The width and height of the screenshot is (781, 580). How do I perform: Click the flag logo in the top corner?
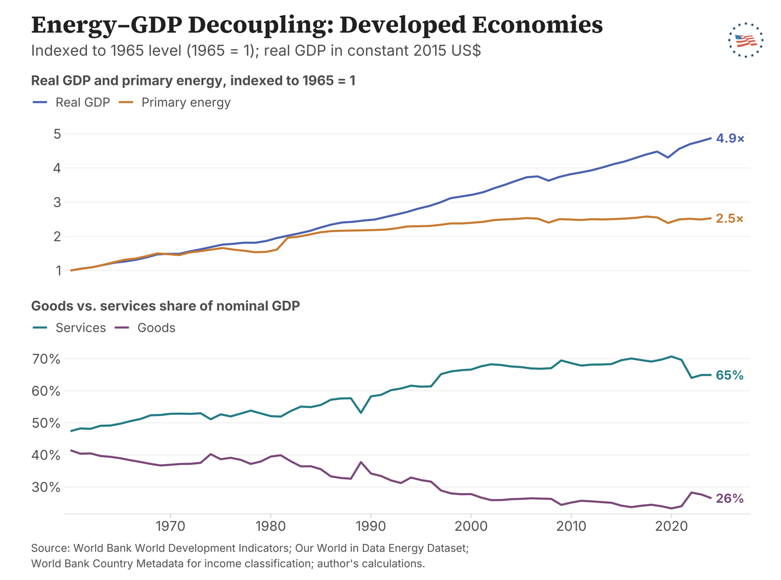(745, 40)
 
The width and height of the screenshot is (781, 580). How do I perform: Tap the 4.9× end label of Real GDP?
(730, 138)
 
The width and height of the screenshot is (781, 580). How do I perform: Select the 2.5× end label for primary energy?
(729, 219)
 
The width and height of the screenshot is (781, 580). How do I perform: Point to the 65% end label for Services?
(730, 375)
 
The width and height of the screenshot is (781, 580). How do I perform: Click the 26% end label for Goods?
(730, 499)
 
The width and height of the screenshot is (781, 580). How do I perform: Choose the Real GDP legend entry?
(71, 102)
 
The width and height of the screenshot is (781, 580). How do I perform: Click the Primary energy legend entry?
(175, 102)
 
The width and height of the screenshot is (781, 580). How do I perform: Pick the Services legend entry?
(69, 327)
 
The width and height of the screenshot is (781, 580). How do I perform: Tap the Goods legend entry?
(145, 327)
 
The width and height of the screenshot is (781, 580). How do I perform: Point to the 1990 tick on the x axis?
(371, 526)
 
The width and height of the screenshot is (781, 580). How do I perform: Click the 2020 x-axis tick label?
(671, 526)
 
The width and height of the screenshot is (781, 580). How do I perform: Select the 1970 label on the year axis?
(171, 526)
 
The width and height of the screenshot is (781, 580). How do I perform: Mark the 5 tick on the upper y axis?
(57, 134)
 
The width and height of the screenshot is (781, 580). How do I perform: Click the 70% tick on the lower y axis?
(46, 359)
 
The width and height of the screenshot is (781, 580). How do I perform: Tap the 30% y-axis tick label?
(46, 487)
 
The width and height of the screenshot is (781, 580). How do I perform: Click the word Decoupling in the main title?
(261, 25)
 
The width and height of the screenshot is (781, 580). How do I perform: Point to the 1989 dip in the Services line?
(361, 413)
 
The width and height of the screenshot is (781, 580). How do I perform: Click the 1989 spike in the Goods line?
(361, 462)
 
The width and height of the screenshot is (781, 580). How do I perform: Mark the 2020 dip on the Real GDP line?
(668, 157)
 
